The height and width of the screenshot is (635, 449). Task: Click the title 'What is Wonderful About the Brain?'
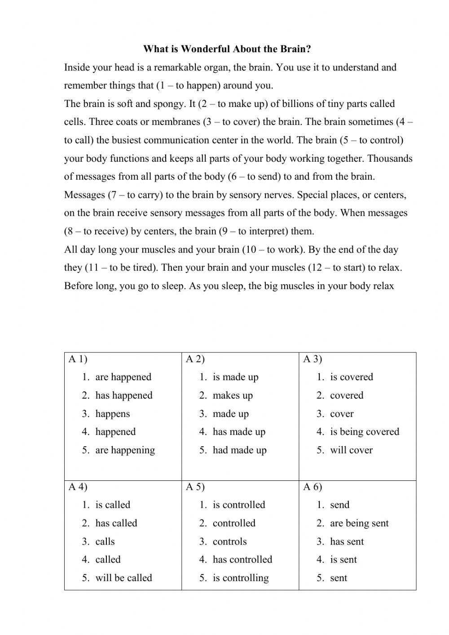click(x=227, y=49)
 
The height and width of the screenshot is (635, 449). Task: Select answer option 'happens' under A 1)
click(x=112, y=414)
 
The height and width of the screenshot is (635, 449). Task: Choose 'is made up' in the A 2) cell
click(x=235, y=377)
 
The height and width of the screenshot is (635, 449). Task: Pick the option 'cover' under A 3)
click(x=342, y=414)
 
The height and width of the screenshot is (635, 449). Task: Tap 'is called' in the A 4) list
click(x=113, y=505)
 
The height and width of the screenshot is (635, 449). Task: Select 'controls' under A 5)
click(x=229, y=542)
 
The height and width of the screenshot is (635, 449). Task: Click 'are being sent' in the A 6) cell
click(x=359, y=523)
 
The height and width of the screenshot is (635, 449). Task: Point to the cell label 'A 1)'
click(x=78, y=359)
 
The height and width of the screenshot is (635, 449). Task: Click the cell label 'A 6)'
click(x=313, y=487)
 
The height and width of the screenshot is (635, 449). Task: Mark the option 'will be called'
click(x=123, y=578)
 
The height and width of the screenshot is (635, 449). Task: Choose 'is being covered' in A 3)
click(x=364, y=432)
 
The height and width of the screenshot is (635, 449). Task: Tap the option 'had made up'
click(x=239, y=450)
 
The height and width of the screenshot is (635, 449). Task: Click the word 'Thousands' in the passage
click(x=391, y=158)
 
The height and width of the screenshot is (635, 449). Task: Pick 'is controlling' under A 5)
click(x=241, y=578)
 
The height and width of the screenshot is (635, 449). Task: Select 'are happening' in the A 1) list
click(x=125, y=450)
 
